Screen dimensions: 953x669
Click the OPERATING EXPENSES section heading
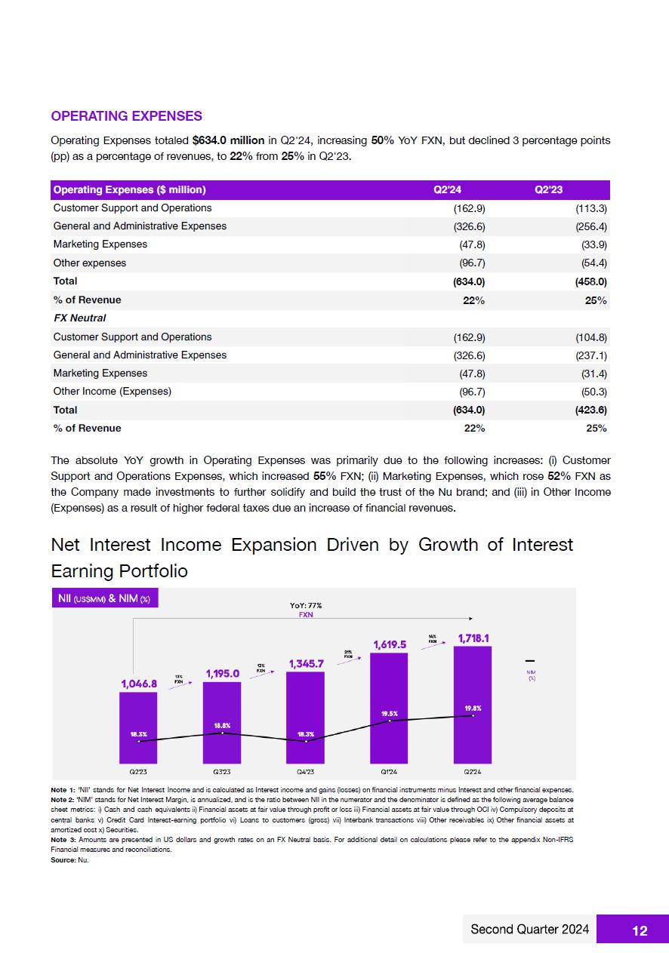click(x=126, y=116)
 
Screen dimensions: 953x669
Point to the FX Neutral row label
click(x=79, y=318)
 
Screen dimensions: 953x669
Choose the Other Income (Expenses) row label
click(x=113, y=392)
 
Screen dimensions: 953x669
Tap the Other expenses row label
click(x=90, y=263)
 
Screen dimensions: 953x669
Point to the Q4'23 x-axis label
click(x=306, y=772)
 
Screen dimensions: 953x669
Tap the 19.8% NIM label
click(x=472, y=708)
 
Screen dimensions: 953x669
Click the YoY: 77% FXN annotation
click(x=306, y=610)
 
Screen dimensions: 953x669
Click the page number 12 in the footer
click(x=639, y=930)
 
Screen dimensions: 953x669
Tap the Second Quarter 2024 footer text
click(x=529, y=930)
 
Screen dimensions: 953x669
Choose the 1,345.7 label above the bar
click(x=306, y=664)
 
